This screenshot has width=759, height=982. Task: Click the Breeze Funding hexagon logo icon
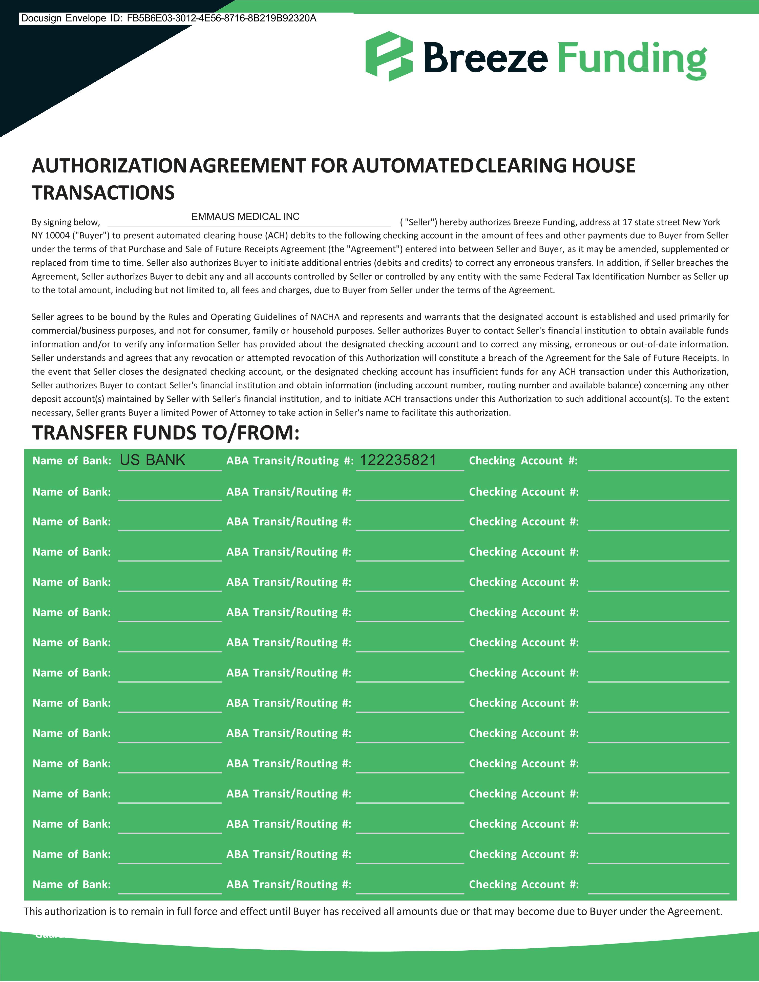coord(389,56)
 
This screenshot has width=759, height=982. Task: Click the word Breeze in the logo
coord(486,57)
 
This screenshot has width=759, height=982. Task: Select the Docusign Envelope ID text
coord(168,18)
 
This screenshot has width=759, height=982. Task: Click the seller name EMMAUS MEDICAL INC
coord(245,217)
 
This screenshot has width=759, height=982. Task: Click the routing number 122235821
coord(398,460)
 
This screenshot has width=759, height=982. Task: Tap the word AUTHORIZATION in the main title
coord(108,166)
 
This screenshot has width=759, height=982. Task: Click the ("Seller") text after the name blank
coord(418,222)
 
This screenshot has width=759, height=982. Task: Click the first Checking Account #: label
coord(523,461)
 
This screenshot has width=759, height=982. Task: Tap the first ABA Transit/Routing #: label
coord(290,461)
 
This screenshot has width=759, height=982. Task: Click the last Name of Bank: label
coord(72,884)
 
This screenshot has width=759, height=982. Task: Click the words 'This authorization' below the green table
coord(65,911)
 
